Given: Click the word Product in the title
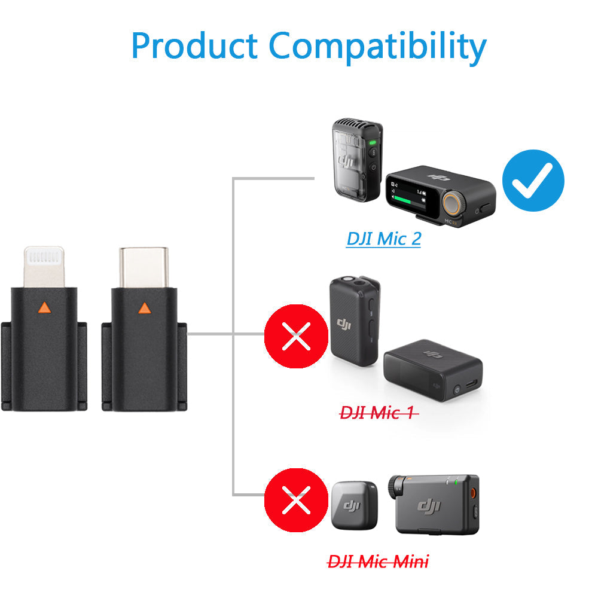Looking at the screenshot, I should (194, 46).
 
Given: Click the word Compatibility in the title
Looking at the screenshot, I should (377, 48).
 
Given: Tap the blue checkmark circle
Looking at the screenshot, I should (533, 180).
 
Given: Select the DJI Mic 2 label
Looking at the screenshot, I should (383, 239).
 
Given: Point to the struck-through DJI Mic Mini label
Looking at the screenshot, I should (378, 562).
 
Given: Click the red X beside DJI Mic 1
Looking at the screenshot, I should (296, 336).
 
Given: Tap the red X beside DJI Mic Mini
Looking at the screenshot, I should (296, 500).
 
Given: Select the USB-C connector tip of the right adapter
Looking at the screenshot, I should (144, 266).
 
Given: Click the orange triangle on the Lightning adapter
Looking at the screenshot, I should (43, 308).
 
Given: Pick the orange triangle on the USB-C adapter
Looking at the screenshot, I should (144, 308).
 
